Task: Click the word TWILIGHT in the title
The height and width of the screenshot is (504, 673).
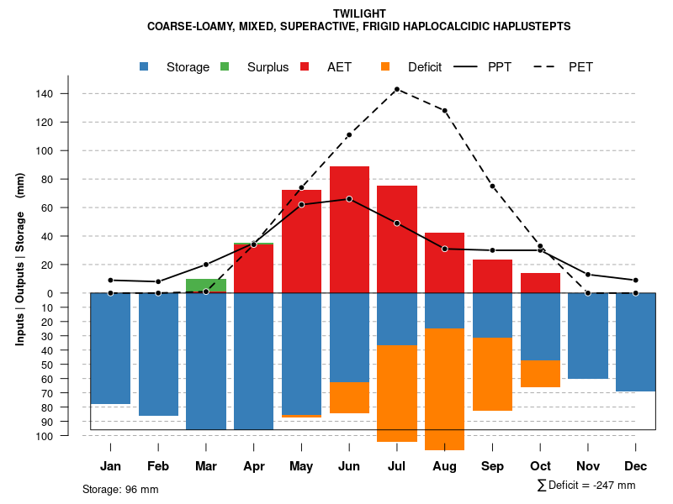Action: tap(359, 13)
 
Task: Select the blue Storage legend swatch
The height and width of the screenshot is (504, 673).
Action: tap(146, 66)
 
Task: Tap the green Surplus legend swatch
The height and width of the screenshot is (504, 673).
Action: tap(225, 66)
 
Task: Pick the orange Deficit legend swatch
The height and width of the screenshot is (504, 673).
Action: tap(385, 66)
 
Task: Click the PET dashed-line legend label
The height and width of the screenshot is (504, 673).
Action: tap(580, 66)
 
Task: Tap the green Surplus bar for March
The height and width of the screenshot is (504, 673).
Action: tap(206, 286)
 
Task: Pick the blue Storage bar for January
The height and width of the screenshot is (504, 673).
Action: tap(110, 349)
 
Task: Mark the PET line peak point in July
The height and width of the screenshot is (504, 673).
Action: tap(396, 89)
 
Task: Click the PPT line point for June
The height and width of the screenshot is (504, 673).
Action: tap(349, 199)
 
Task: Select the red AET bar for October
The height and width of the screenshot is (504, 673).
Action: tap(540, 283)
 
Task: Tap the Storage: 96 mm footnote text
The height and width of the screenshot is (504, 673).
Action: tap(120, 489)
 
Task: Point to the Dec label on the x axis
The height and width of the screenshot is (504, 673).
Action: tap(636, 466)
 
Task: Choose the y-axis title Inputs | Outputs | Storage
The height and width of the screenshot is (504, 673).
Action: tap(20, 260)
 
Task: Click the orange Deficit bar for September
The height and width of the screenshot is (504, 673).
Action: tap(492, 374)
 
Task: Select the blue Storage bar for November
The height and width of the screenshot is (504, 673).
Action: tap(588, 336)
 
